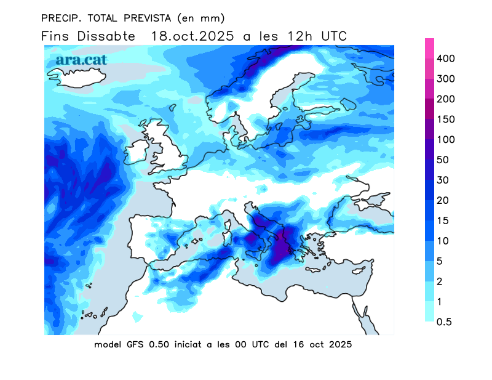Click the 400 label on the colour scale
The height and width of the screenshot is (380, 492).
[x=445, y=59]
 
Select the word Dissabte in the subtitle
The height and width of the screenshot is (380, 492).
[x=106, y=36]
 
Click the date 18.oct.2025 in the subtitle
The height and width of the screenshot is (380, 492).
[x=192, y=36]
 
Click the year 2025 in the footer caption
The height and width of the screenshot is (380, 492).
[x=339, y=344]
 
